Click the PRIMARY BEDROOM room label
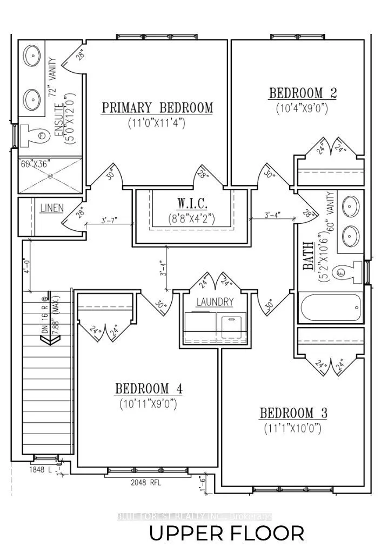click(157, 108)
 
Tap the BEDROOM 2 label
click(303, 93)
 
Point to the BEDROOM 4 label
click(149, 388)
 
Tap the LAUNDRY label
click(215, 302)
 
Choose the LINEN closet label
click(52, 208)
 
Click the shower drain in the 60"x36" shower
click(50, 176)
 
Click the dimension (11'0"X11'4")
click(157, 123)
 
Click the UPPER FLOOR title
click(226, 533)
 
